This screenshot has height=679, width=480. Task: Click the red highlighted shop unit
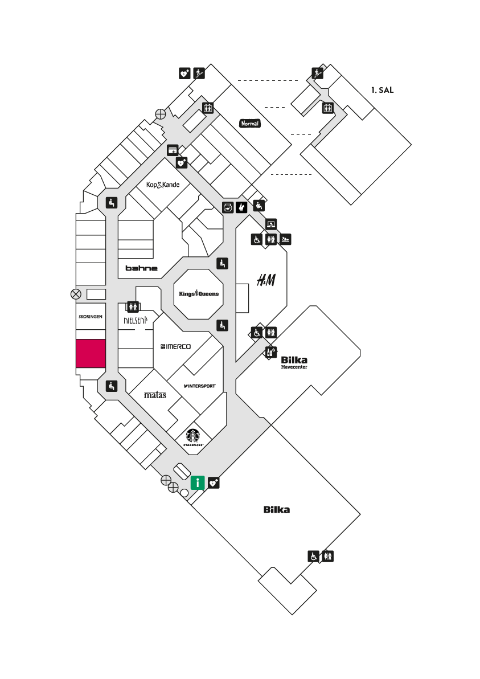click(91, 354)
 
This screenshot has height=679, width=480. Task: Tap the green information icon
click(198, 482)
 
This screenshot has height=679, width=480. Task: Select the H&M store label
click(266, 280)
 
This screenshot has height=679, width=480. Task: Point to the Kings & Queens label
click(199, 293)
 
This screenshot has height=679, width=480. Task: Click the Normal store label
click(250, 124)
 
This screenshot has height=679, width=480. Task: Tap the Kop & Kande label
click(163, 185)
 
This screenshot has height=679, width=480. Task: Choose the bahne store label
click(142, 268)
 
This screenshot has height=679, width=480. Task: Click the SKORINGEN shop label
click(91, 317)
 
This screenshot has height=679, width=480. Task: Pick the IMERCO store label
click(175, 346)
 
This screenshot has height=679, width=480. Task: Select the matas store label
click(155, 395)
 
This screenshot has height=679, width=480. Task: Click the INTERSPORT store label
click(199, 386)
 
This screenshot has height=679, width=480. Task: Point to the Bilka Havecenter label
click(294, 362)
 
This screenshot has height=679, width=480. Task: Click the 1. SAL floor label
click(382, 90)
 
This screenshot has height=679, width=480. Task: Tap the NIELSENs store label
click(136, 320)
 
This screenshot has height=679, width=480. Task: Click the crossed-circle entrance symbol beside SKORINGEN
click(76, 294)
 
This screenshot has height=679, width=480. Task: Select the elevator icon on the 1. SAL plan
click(327, 108)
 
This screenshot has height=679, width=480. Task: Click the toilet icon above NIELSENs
click(133, 306)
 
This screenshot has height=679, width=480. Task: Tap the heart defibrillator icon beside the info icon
click(214, 482)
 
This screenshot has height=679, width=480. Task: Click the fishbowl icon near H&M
click(228, 207)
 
